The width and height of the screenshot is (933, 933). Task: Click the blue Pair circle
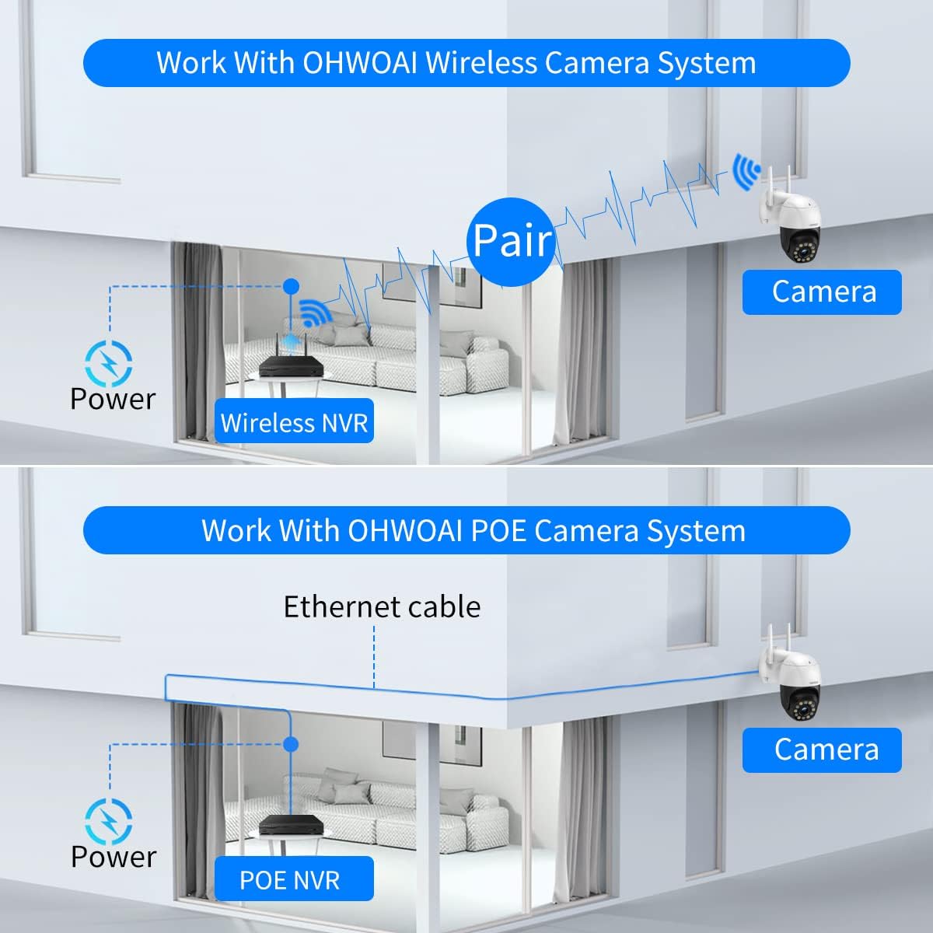coord(512,240)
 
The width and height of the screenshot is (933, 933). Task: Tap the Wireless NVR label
coord(294,421)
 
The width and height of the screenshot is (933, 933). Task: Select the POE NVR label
coord(294,879)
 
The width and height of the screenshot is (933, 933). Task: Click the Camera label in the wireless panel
coord(822,292)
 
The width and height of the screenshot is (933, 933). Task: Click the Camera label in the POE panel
coord(822,750)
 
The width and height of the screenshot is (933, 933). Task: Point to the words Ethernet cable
coord(382,606)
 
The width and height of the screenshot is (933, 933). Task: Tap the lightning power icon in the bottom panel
coord(108,822)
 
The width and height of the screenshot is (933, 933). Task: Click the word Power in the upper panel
coord(113,399)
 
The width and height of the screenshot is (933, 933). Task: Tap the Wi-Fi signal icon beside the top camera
coord(746,172)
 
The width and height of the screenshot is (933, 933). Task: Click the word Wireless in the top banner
coord(482,63)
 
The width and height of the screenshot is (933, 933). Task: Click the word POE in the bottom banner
coord(498,531)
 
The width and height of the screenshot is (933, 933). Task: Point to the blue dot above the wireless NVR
coord(291,286)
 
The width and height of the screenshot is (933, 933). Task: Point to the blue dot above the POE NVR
coord(291,744)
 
